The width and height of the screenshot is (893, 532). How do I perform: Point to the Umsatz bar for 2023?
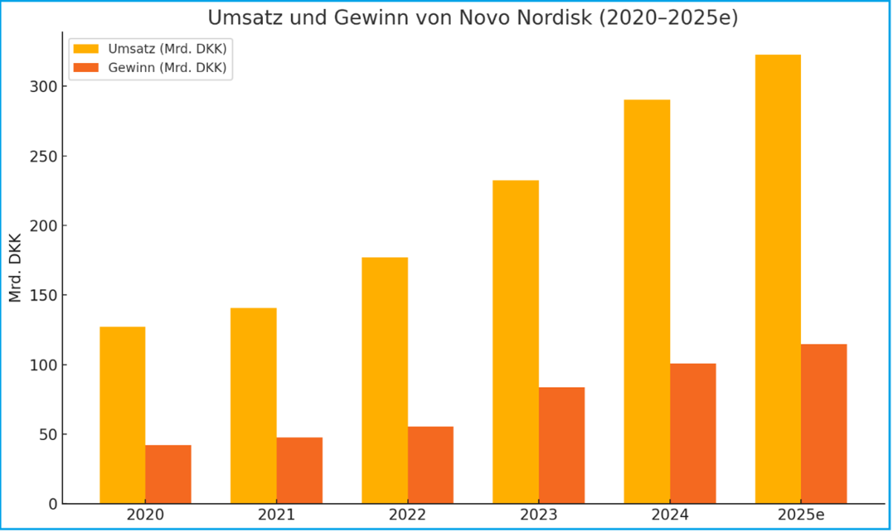pos(516,342)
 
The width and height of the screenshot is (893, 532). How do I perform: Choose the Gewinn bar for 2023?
pos(562,445)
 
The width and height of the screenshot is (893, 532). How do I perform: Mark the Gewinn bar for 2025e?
pos(824,424)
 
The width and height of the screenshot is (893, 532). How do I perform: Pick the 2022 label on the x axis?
pos(407,515)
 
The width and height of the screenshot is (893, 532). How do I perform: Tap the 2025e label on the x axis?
pos(801,515)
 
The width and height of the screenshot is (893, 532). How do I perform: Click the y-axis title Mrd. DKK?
pos(16,268)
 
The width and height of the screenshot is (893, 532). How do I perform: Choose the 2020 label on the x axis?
pos(146,515)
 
